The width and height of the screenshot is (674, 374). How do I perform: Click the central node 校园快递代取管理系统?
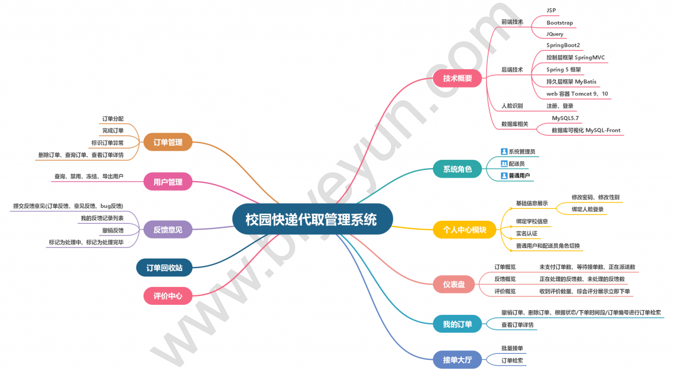click(x=311, y=220)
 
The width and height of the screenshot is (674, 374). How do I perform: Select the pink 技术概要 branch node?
click(x=458, y=78)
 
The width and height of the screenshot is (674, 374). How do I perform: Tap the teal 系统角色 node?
click(x=458, y=169)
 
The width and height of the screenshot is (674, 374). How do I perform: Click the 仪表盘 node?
click(x=454, y=285)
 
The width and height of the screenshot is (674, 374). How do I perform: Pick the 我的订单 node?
click(x=458, y=324)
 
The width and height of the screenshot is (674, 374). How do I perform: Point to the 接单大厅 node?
click(x=458, y=359)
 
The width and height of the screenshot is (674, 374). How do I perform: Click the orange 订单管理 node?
click(x=168, y=142)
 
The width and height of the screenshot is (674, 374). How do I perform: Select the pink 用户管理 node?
click(x=168, y=182)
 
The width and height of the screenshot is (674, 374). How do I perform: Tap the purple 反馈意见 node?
click(x=168, y=230)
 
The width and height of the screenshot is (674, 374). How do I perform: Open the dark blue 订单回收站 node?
click(x=164, y=268)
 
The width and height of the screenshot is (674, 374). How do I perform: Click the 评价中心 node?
click(x=168, y=296)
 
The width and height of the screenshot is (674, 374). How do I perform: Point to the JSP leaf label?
click(x=551, y=11)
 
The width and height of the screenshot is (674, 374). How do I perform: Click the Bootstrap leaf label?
click(x=559, y=22)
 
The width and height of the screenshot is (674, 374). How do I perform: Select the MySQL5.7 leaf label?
click(x=565, y=118)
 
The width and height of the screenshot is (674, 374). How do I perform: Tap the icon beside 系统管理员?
click(x=504, y=151)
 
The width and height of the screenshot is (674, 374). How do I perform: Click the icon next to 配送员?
click(x=504, y=163)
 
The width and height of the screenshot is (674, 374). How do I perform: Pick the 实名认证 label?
click(x=527, y=233)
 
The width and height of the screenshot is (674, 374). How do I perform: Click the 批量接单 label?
click(x=512, y=348)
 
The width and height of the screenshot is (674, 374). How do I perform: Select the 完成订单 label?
click(x=113, y=130)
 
